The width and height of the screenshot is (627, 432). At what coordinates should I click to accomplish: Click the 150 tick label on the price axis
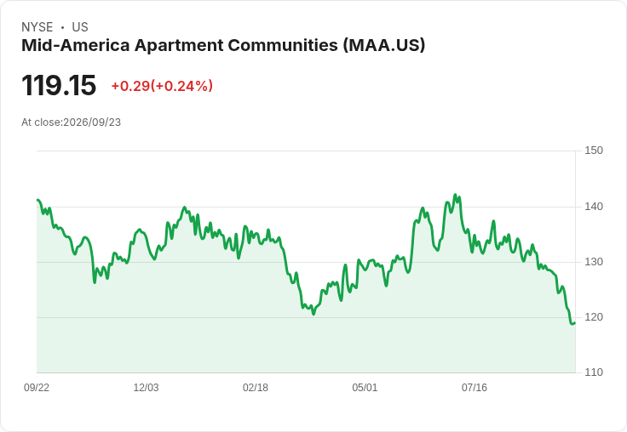[594, 151]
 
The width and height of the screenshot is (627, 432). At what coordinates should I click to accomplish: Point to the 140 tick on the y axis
[594, 207]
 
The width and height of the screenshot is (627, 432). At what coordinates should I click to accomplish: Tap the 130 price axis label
[594, 262]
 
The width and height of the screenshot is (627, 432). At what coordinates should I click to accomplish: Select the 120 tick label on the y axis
[594, 317]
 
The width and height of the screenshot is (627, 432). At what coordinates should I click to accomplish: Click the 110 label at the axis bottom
[594, 372]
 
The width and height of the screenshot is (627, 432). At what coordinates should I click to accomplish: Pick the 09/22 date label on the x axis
[37, 387]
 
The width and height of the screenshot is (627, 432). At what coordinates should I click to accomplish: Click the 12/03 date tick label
[146, 387]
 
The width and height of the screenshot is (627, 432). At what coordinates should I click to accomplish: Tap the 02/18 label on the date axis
[256, 387]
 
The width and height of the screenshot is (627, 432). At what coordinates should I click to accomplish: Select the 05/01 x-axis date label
[365, 387]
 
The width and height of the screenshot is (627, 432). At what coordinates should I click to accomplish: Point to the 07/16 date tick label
[475, 387]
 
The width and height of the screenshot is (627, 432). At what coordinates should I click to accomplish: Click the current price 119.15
[59, 85]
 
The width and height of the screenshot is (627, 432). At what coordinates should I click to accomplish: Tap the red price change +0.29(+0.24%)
[162, 86]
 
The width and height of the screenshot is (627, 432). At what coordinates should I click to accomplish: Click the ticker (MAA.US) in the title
[384, 45]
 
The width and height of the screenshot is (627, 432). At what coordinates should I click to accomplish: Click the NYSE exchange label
[37, 27]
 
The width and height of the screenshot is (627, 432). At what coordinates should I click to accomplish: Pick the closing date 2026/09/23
[92, 122]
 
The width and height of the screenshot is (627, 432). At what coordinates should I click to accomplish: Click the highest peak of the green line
[455, 195]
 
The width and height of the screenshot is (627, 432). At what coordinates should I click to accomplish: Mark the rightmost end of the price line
[575, 322]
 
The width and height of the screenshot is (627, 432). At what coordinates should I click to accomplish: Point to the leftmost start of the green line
[37, 200]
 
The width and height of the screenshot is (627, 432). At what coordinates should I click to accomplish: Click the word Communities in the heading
[283, 45]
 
